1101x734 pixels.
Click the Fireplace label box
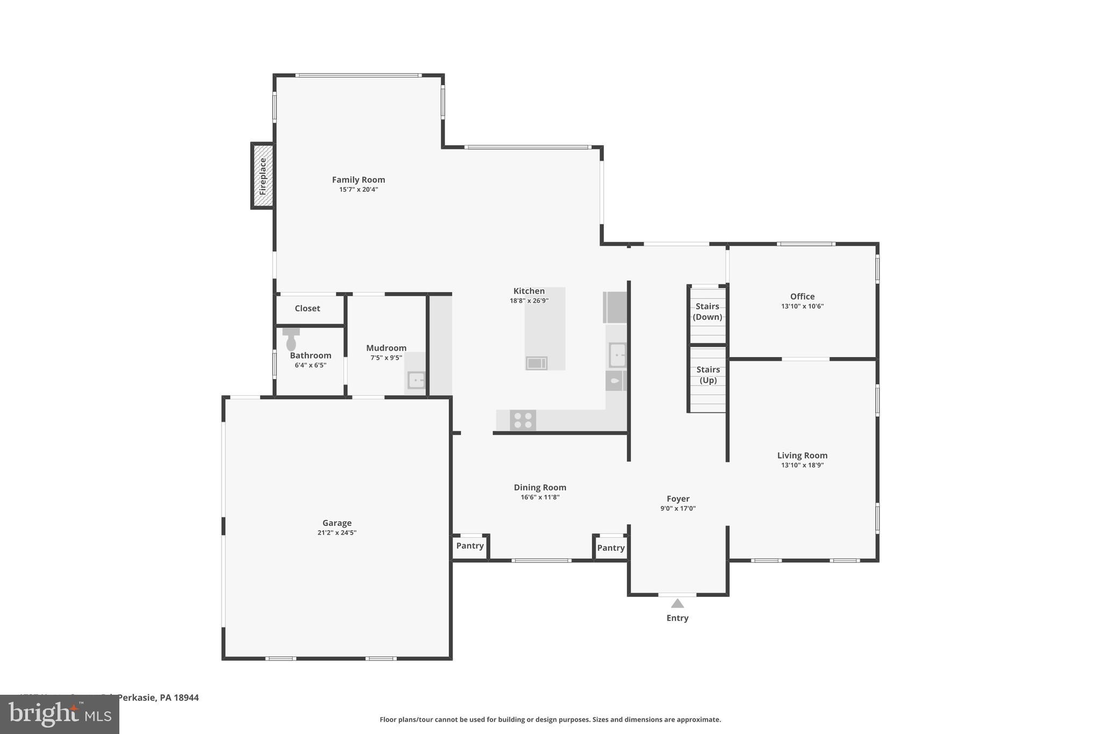[263, 176]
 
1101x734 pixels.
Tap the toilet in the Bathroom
[291, 340]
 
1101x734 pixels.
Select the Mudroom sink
[416, 380]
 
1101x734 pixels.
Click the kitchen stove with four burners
[523, 421]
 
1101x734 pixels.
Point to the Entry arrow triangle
[677, 603]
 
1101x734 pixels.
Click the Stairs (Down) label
[707, 311]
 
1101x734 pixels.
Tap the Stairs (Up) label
[708, 375]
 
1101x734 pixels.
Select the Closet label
[307, 309]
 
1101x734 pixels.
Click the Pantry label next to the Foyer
[611, 548]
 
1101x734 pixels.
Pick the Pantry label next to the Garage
[470, 546]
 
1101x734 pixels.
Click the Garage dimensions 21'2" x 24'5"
[337, 533]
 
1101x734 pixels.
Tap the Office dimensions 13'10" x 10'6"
[802, 307]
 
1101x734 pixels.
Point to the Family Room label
[358, 180]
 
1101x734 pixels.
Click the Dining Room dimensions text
[540, 497]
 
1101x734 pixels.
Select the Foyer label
[678, 499]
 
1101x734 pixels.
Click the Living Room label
[802, 455]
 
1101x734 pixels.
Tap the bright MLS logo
[60, 714]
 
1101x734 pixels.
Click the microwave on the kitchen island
[536, 364]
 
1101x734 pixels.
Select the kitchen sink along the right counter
[617, 355]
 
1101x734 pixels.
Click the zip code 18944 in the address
[186, 697]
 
